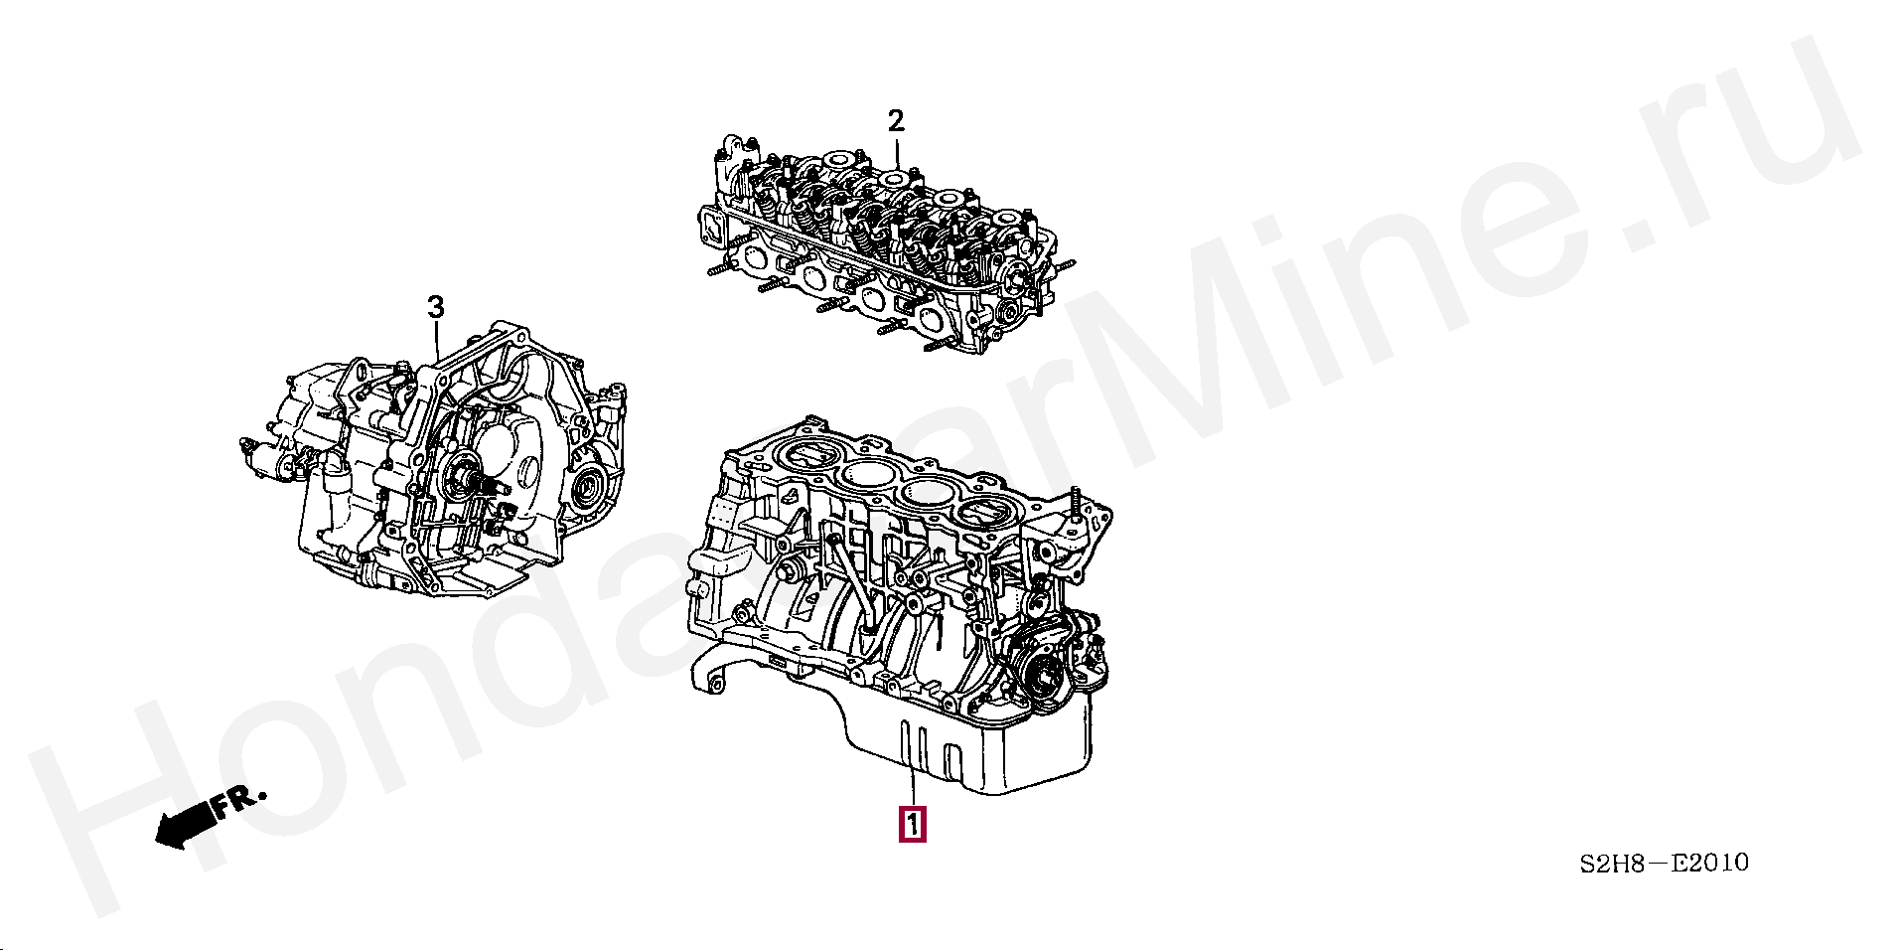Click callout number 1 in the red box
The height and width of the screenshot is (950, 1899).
point(912,825)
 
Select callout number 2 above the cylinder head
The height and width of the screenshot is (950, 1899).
point(896,121)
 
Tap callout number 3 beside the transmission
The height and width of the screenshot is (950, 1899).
point(436,308)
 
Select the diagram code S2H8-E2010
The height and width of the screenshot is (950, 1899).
point(1664,863)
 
